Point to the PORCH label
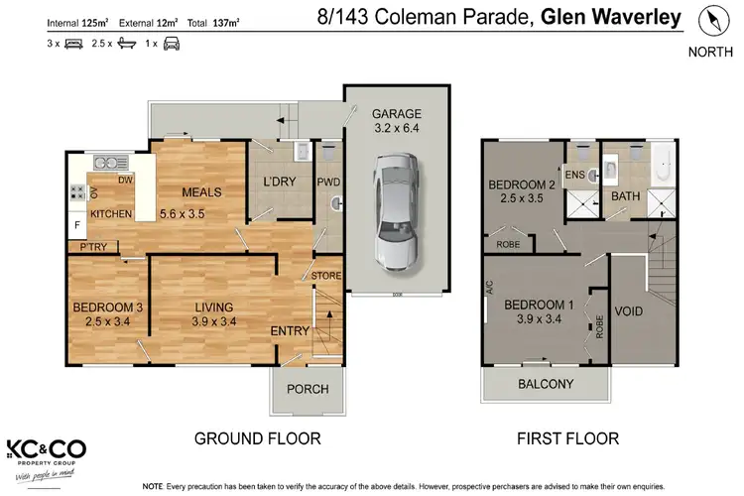click(307, 389)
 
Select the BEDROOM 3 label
click(108, 308)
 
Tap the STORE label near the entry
click(326, 275)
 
